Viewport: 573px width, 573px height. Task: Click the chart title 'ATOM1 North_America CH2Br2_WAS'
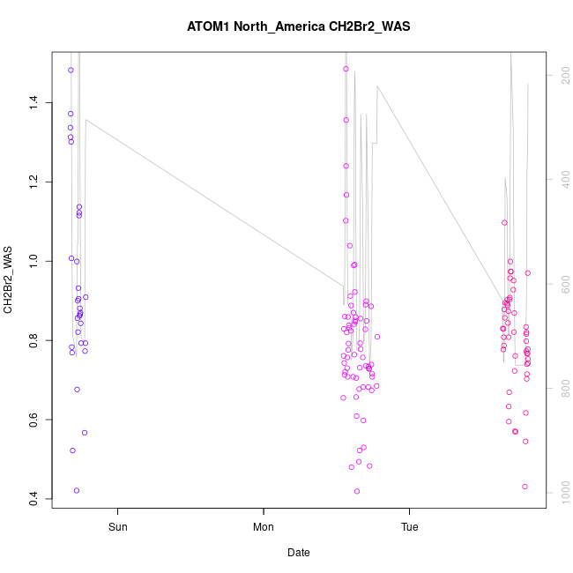[298, 26]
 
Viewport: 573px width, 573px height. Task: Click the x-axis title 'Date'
[298, 553]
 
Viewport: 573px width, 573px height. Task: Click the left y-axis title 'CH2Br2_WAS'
[9, 280]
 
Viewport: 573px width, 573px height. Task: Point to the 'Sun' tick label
[117, 528]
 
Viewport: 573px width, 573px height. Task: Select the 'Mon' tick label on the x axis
[264, 528]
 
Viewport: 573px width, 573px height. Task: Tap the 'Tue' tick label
[409, 528]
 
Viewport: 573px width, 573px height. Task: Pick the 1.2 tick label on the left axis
[33, 182]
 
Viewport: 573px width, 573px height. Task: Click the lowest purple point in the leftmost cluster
[77, 490]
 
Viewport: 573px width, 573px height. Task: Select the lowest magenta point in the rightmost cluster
[525, 487]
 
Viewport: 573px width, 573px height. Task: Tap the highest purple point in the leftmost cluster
[71, 71]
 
